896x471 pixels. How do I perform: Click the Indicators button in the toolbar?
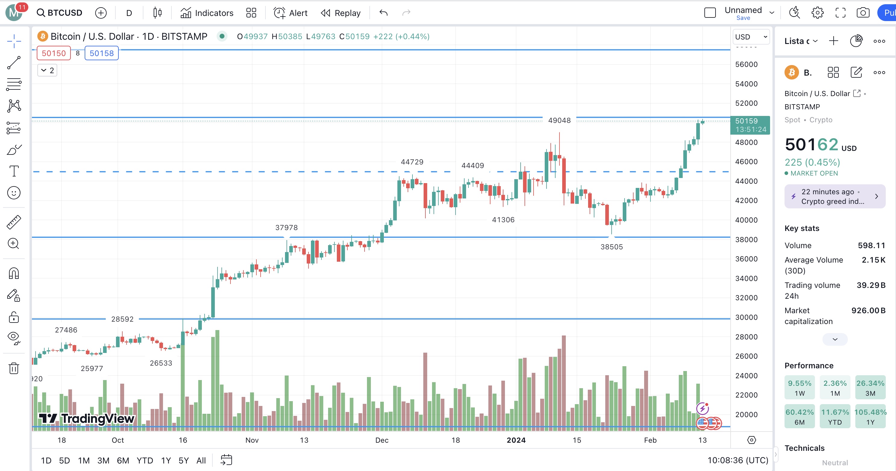pyautogui.click(x=207, y=13)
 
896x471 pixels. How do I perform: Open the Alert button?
pyautogui.click(x=290, y=13)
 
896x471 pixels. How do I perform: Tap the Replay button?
pyautogui.click(x=340, y=13)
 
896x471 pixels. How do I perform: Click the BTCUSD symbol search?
pyautogui.click(x=59, y=13)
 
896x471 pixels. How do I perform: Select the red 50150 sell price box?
pyautogui.click(x=54, y=53)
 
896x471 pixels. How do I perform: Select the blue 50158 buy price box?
pyautogui.click(x=102, y=53)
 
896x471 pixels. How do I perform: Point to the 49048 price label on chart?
pyautogui.click(x=559, y=120)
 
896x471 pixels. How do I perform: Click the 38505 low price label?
pyautogui.click(x=612, y=247)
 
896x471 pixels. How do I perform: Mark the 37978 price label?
pyautogui.click(x=286, y=227)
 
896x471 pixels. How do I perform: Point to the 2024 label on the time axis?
pyautogui.click(x=516, y=440)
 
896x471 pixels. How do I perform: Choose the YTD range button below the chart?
pyautogui.click(x=145, y=460)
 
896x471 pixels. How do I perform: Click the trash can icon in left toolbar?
pyautogui.click(x=14, y=368)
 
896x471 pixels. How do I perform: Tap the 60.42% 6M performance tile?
pyautogui.click(x=799, y=416)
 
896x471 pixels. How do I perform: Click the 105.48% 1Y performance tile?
pyautogui.click(x=870, y=416)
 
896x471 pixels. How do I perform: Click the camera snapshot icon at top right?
pyautogui.click(x=863, y=13)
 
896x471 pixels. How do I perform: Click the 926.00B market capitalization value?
pyautogui.click(x=868, y=310)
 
